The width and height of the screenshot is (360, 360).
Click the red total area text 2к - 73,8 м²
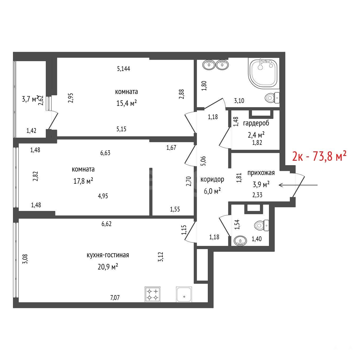point(319,156)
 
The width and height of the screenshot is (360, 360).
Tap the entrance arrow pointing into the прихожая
point(298,185)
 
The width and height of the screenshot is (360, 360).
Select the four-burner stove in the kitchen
point(153,294)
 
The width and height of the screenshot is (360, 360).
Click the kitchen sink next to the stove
point(184,294)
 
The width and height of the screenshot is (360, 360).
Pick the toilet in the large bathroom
point(272,98)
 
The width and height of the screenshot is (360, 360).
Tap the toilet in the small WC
point(262,225)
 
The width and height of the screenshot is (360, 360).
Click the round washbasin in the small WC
point(240,241)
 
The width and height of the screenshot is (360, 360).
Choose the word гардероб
point(256,123)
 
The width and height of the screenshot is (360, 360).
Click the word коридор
point(212,179)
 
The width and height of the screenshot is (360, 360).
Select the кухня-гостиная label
point(108,255)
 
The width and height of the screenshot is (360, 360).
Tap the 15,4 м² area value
point(127,103)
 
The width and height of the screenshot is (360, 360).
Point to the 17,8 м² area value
point(83,181)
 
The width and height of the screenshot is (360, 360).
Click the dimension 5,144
point(124,69)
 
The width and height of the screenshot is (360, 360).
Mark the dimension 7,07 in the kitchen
point(115,298)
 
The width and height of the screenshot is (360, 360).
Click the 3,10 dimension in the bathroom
point(239,101)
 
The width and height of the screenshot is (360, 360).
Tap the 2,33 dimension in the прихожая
point(257,195)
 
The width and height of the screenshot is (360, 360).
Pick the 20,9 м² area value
point(108,267)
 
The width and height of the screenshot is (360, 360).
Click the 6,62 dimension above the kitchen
point(106,224)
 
